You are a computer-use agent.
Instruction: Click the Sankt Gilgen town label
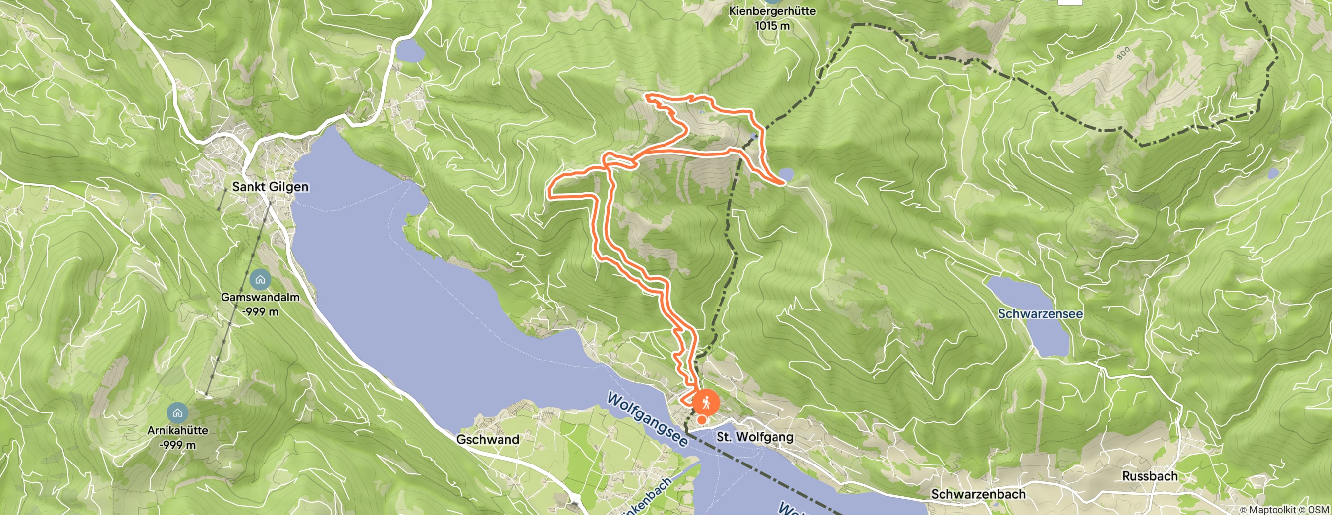coord(270,187)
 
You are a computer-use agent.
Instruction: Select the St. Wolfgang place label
coord(754,437)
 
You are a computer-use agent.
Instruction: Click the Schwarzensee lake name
coord(1040,313)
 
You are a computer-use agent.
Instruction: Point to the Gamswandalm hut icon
coord(260,280)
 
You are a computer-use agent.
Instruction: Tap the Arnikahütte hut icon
coord(177,412)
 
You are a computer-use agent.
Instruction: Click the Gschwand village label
coord(488,440)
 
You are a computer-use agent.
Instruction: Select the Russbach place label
coord(1150,476)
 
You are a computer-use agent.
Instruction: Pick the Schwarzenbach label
coord(978,494)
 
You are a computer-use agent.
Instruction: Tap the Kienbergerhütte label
coord(772,11)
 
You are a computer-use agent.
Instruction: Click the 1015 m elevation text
coord(772,25)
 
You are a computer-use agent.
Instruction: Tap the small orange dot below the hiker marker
coord(702,420)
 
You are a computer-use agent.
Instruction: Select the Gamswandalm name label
coord(260,297)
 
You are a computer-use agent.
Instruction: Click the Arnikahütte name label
coord(177,430)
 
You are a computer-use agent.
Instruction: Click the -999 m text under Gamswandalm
coord(260,311)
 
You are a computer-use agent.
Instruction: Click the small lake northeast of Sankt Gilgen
coord(411,51)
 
